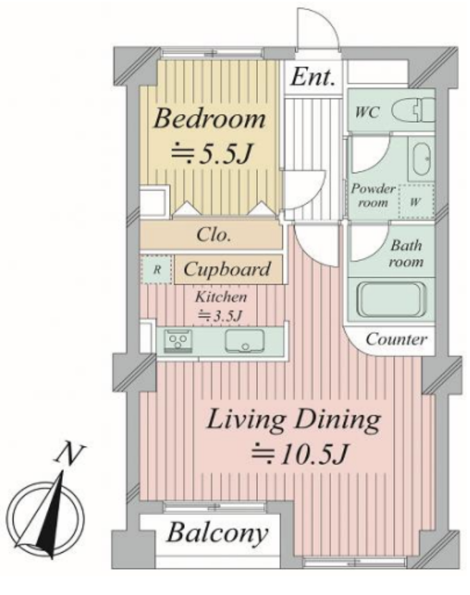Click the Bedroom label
(x=209, y=118)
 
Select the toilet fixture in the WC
(x=413, y=109)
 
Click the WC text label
(x=367, y=113)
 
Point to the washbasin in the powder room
(x=421, y=159)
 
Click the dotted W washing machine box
(x=416, y=202)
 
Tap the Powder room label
(x=373, y=195)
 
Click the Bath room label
(x=406, y=253)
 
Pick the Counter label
(x=396, y=339)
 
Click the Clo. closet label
(x=214, y=235)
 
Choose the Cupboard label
(x=227, y=269)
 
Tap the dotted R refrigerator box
(x=156, y=270)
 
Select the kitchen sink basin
(x=245, y=341)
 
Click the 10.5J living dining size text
(x=300, y=453)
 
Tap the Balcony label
(x=217, y=532)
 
